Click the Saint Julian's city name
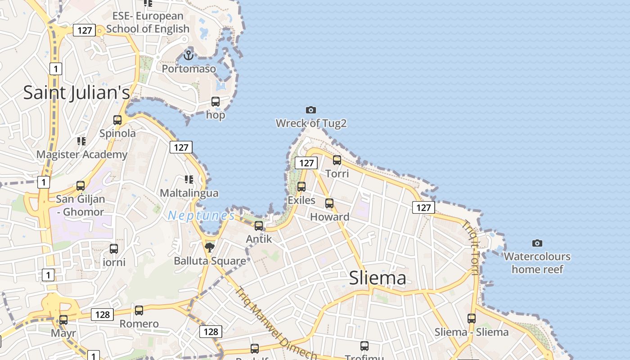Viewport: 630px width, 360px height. [76, 93]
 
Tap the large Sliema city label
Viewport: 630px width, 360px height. [378, 278]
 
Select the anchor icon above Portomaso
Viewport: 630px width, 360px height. [189, 55]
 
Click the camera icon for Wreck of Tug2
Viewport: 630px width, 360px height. [310, 110]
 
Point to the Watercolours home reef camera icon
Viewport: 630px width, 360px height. [537, 243]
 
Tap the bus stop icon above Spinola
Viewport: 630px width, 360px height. [117, 120]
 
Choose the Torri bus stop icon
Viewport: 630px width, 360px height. [337, 160]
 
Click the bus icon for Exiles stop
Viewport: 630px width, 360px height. [301, 186]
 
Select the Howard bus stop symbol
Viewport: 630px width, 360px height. [329, 203]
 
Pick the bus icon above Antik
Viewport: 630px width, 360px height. [259, 225]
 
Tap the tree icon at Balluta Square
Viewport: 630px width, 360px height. [209, 247]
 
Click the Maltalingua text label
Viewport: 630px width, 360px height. [189, 193]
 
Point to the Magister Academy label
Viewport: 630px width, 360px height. [82, 154]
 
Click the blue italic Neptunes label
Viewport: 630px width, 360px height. [201, 216]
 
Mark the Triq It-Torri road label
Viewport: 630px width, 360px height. [470, 247]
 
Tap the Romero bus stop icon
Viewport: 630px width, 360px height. [139, 310]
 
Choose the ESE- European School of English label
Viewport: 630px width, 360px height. [148, 22]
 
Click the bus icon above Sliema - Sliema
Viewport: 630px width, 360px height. [471, 318]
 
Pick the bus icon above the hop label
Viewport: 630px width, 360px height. [216, 102]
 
